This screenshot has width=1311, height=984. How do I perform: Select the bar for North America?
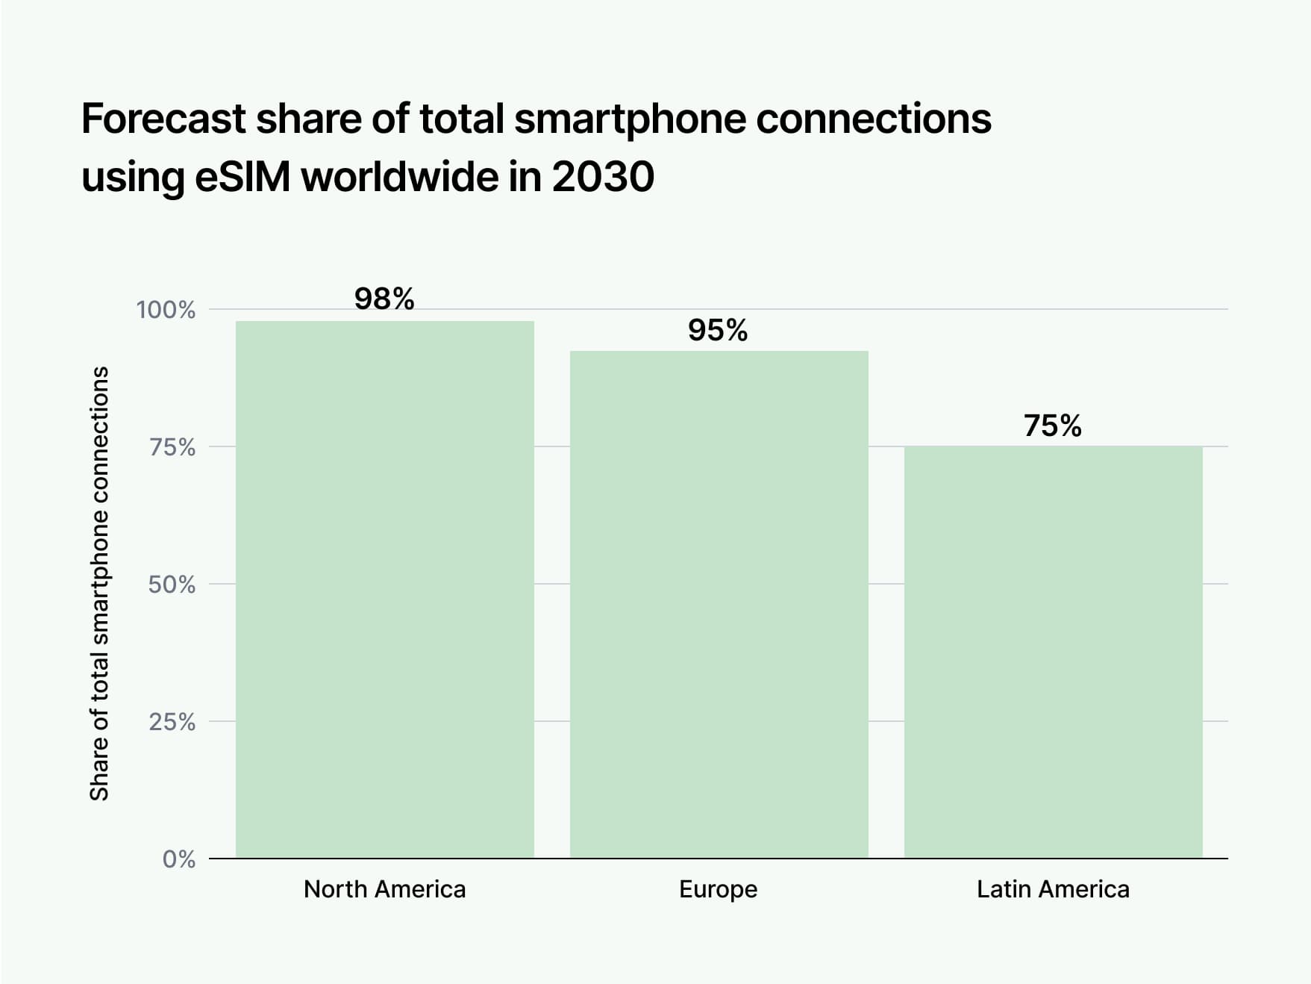(x=384, y=589)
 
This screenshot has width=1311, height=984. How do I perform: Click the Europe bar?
(x=719, y=604)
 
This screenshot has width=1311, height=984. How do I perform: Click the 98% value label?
(x=384, y=299)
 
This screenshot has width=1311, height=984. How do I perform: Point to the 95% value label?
(x=718, y=331)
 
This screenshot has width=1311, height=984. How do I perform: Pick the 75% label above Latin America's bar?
(x=1053, y=426)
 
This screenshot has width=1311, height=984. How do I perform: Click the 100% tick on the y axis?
(x=166, y=310)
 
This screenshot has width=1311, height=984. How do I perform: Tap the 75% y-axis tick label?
(x=172, y=447)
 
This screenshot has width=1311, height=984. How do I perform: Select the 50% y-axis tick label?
(x=172, y=585)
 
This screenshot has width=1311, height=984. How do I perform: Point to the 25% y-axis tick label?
(x=172, y=722)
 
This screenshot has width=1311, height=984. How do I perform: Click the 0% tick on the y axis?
(x=179, y=859)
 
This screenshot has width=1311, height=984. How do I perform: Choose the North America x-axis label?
(x=384, y=889)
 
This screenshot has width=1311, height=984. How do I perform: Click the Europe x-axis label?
(x=718, y=889)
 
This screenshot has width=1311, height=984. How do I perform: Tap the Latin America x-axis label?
(x=1053, y=889)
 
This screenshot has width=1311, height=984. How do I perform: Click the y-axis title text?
(x=99, y=583)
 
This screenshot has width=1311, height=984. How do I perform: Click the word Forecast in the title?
(x=163, y=119)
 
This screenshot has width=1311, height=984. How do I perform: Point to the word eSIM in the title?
(x=243, y=178)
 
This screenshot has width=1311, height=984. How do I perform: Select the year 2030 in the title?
(x=603, y=178)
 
